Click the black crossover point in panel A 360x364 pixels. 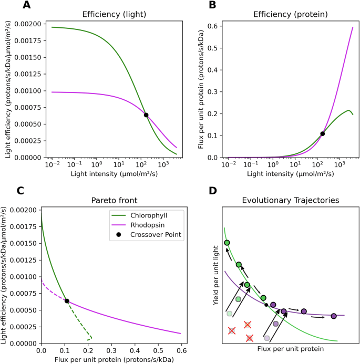pyautogui.click(x=146, y=115)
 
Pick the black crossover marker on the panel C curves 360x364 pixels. pyautogui.click(x=67, y=301)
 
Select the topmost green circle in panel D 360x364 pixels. pyautogui.click(x=227, y=243)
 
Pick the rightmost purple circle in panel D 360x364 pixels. pyautogui.click(x=333, y=316)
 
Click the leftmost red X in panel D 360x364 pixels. pyautogui.click(x=231, y=330)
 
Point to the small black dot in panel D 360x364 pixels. pyautogui.click(x=266, y=305)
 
